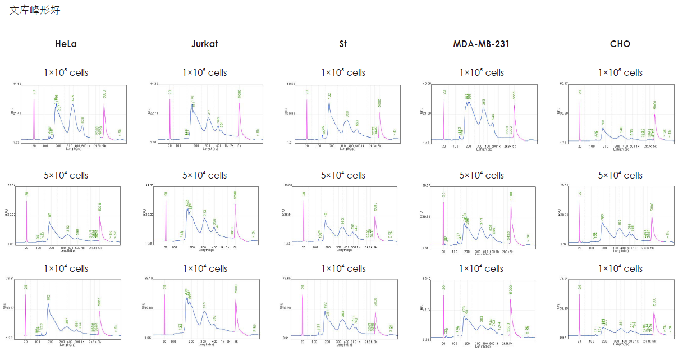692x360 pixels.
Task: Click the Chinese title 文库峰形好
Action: point(35,10)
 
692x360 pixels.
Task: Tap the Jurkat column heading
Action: point(204,44)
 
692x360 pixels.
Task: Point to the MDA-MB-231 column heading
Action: point(481,44)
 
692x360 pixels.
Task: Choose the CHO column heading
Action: point(620,44)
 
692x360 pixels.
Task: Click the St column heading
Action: point(343,44)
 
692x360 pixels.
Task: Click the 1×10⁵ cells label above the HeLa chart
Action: point(66,72)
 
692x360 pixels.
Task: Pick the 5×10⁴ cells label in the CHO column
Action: point(620,175)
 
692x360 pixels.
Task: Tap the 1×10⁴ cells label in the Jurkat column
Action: point(204,268)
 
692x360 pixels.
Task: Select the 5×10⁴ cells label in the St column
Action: point(343,175)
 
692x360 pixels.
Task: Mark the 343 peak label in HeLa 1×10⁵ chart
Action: point(73,99)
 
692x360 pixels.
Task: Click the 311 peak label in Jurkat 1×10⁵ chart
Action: point(209,112)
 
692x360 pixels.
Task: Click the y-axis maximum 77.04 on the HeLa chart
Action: point(11,185)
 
